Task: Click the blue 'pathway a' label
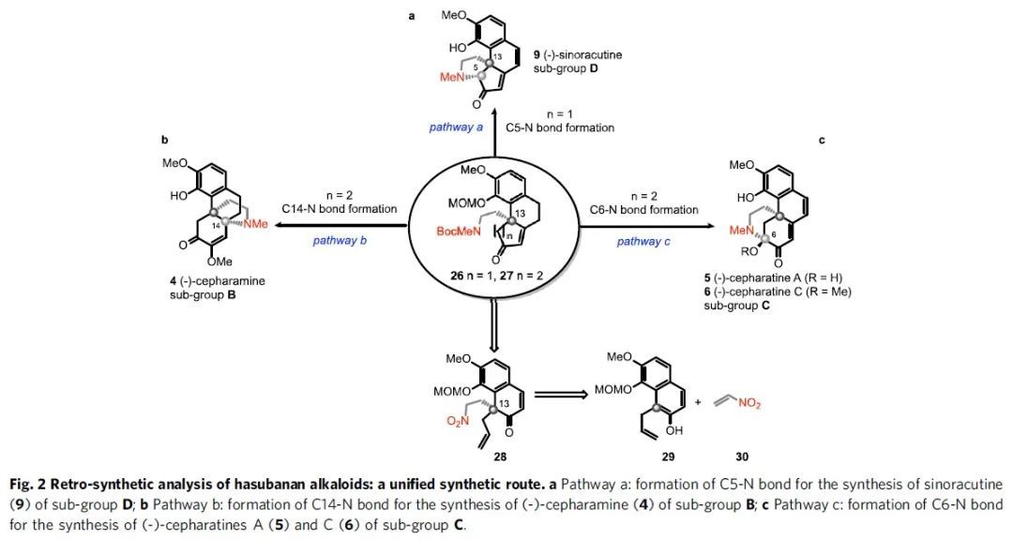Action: (456, 127)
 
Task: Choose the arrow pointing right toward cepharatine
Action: (657, 225)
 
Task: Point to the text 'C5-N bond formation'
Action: (560, 127)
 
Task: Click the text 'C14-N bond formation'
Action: (339, 209)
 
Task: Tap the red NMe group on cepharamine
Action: (254, 222)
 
